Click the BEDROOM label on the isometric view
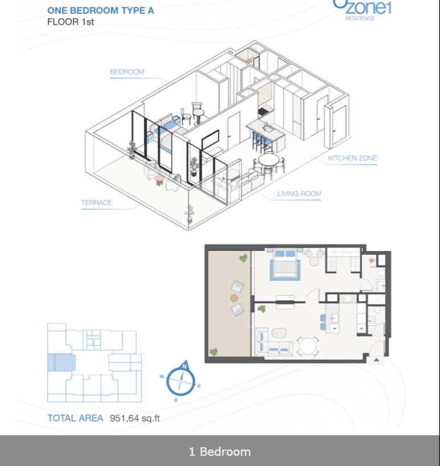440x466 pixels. click(x=127, y=72)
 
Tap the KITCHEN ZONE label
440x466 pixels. click(x=352, y=158)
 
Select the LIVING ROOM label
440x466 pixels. click(x=299, y=194)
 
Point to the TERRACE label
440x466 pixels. click(x=97, y=203)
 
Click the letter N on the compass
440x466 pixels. click(x=184, y=366)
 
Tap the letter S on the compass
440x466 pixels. click(x=176, y=400)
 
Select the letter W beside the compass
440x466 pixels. click(x=162, y=377)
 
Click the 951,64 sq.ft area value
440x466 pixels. click(x=135, y=418)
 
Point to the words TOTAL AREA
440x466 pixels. click(x=75, y=418)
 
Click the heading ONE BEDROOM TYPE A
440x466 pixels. click(x=101, y=10)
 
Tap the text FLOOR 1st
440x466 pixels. click(x=71, y=22)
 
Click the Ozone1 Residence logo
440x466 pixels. click(x=362, y=10)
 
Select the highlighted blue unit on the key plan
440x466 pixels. click(x=61, y=362)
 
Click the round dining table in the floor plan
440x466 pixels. click(x=308, y=346)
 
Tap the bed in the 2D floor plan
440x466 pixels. click(x=285, y=264)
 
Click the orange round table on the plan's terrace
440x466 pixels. click(x=234, y=298)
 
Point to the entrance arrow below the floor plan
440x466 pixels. click(x=376, y=360)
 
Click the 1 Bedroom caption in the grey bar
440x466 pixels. click(x=220, y=451)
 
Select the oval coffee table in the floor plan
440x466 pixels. click(x=279, y=333)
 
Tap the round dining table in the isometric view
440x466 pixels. click(x=269, y=160)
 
